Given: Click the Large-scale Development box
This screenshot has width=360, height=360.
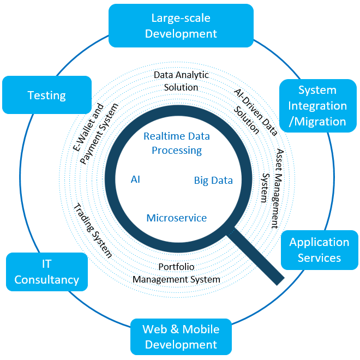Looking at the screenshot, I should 181,26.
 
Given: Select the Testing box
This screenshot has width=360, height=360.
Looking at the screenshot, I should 47,95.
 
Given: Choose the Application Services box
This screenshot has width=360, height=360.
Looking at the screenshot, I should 319,250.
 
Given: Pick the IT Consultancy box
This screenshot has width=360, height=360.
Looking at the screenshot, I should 47,272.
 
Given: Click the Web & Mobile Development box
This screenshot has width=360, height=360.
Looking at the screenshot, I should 181,337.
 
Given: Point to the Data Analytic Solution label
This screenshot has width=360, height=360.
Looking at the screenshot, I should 181,81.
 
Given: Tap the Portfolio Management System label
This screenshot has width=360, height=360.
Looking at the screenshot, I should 176,273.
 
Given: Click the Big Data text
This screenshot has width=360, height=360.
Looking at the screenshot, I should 213,181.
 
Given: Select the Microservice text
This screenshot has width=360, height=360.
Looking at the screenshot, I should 176,218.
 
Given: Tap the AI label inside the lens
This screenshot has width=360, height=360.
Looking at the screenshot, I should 135,179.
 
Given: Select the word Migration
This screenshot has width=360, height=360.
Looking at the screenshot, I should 319,121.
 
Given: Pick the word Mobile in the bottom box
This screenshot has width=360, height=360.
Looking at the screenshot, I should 201,329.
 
